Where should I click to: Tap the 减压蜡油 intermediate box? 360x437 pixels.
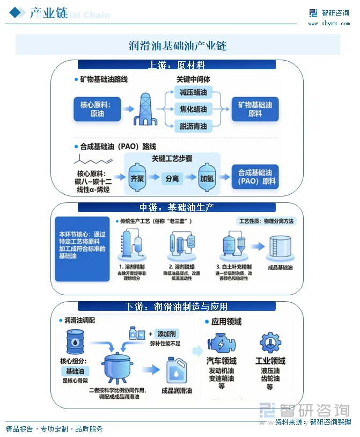pos(193,92)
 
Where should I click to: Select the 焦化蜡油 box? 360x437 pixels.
pos(193,110)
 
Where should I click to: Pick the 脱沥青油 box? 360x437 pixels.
pos(193,127)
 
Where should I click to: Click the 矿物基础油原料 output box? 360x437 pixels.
pos(255,110)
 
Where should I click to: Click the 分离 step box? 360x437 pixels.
pos(172,179)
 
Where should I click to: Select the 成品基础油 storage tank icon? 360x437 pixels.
pos(279,247)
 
